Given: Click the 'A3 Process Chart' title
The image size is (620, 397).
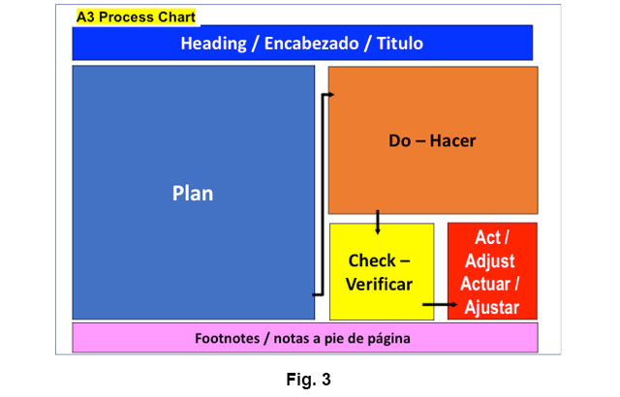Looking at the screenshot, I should coord(136,17).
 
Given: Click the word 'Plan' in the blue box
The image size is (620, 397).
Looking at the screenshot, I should coord(193,193).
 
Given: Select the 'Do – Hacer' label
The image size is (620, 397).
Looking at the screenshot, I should coord(432,140).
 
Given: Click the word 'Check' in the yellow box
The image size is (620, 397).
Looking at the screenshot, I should coord(373,261).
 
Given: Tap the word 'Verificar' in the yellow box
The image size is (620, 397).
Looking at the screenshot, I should coord(380,285).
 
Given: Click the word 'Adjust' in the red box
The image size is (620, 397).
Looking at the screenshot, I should coord(490,261).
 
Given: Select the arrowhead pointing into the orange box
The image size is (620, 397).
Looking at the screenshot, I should coord(329,94).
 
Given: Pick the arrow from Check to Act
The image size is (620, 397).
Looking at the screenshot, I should coord(441,304).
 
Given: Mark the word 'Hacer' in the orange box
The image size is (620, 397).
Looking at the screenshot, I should coord(453,140).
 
